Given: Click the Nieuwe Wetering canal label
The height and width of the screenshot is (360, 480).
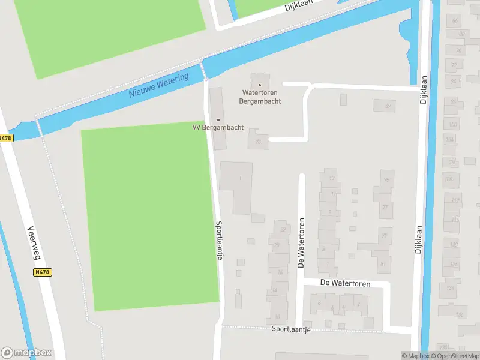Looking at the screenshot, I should tap(159, 86).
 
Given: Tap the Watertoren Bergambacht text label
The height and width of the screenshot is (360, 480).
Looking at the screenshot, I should tap(261, 97).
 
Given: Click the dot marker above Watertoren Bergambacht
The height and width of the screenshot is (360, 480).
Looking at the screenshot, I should tap(260, 85).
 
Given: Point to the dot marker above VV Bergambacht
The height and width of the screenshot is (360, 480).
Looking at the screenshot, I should tap(218, 119).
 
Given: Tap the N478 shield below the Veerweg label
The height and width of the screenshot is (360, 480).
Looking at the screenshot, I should tap(42, 272).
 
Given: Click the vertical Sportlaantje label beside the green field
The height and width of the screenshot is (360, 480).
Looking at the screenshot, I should tap(220, 239).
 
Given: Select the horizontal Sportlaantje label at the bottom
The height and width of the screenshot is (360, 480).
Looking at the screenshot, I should tap(290, 329).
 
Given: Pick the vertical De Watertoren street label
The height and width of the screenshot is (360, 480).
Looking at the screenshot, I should tap(301, 242).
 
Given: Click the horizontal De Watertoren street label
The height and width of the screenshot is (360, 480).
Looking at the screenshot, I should tap(345, 283).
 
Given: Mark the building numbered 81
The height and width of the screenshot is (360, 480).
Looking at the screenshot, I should tap(382, 262).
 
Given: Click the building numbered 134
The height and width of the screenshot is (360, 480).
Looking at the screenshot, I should tap(459, 314).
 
